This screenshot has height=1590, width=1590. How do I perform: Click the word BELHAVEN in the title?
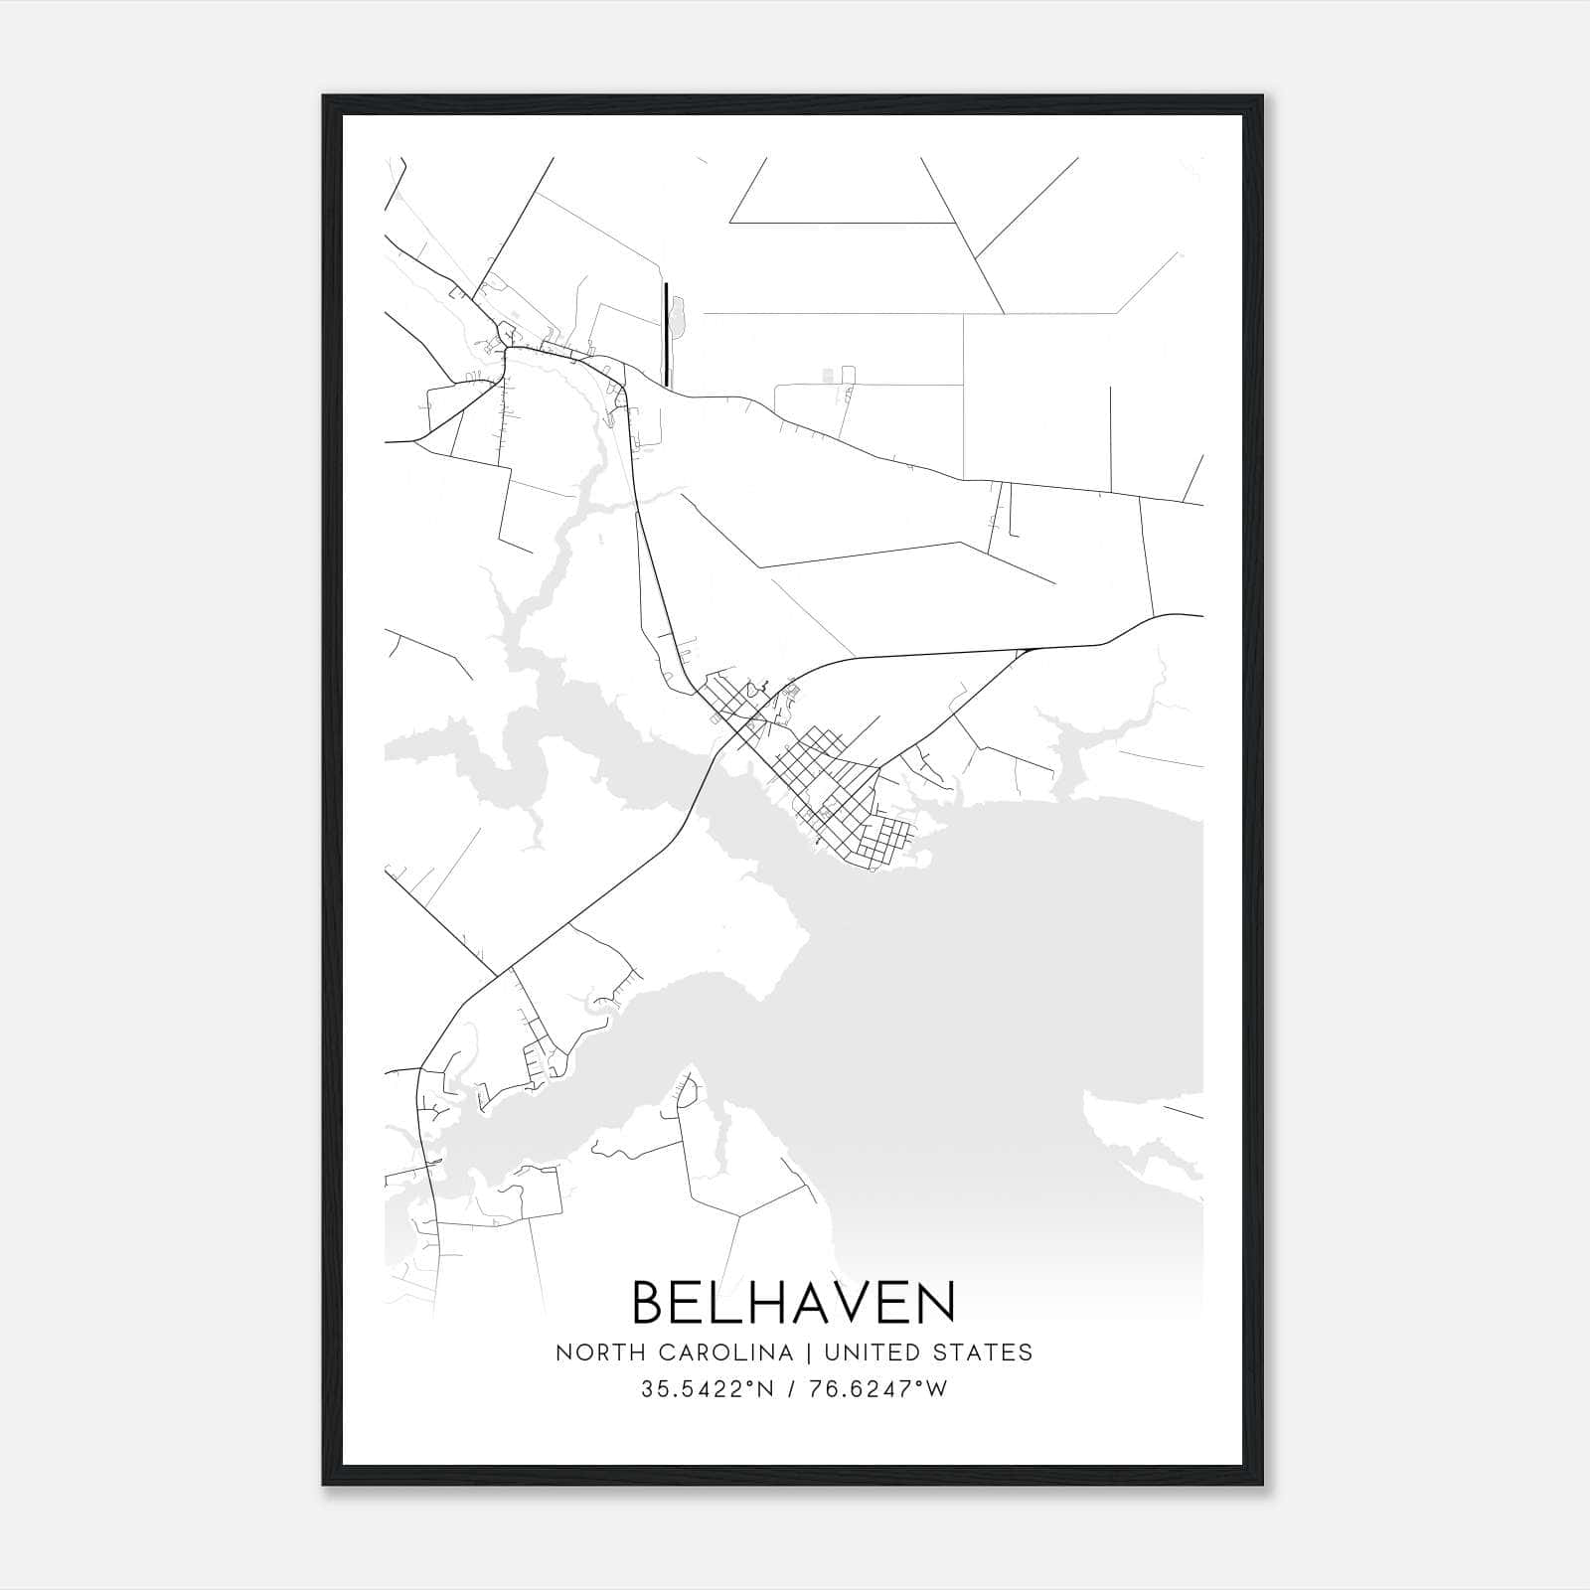coord(793,1303)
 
